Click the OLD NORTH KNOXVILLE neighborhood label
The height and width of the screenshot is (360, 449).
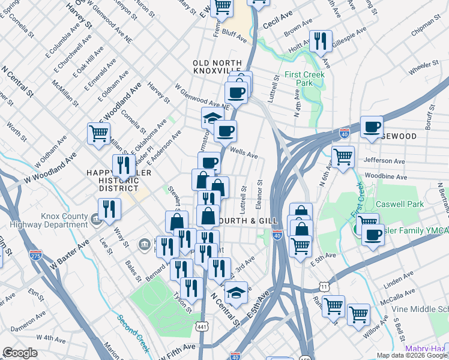point(220,68)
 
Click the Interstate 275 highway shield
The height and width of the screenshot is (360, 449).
point(36,255)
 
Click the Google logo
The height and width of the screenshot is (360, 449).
point(20,353)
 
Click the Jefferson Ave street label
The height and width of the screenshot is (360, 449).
point(388,161)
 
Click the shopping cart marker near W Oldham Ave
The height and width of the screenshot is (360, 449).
point(98,133)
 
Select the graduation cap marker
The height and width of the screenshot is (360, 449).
point(212,118)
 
